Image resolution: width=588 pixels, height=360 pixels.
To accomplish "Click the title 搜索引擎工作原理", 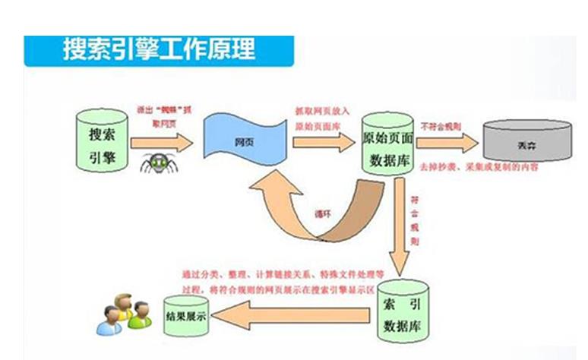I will pyautogui.click(x=159, y=50).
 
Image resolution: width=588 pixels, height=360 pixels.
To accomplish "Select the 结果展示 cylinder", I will pyautogui.click(x=190, y=314).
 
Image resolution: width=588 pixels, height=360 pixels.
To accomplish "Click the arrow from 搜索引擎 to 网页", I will pyautogui.click(x=161, y=141).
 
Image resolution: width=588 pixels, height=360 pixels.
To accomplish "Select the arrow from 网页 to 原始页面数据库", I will pyautogui.click(x=324, y=142).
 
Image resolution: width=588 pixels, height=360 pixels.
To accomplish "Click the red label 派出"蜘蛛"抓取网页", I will pyautogui.click(x=160, y=114).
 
